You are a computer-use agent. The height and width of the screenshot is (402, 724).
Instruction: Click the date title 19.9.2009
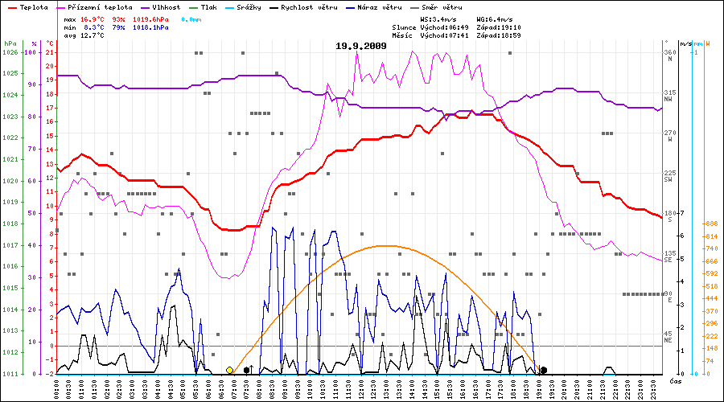point(361,46)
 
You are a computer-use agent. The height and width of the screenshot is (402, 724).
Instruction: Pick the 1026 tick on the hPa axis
point(10,52)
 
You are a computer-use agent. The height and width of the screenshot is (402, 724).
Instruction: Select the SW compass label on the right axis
point(668,180)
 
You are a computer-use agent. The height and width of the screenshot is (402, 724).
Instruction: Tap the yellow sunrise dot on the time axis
point(230,370)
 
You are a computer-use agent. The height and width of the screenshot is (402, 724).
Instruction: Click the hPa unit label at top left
point(10,43)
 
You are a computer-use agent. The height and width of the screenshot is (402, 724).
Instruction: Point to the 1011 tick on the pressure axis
point(10,374)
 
